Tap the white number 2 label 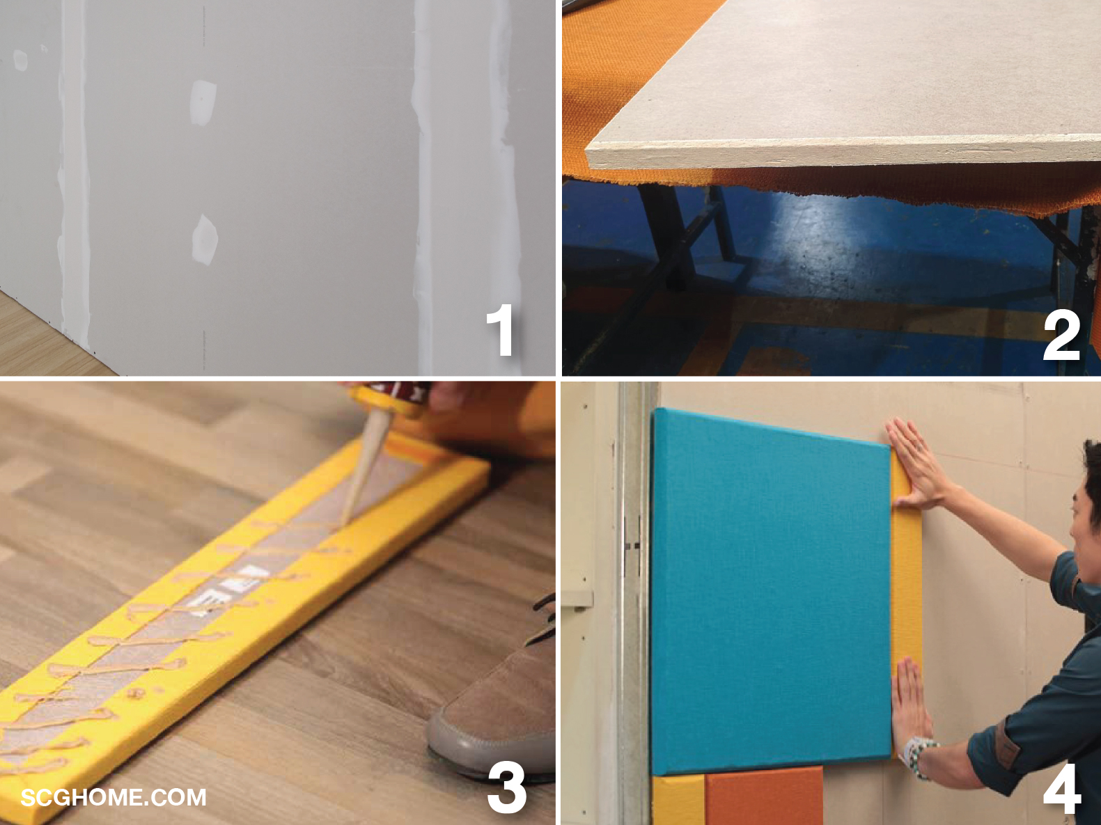(x=1061, y=333)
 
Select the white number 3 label (x=506, y=788)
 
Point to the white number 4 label (x=1061, y=788)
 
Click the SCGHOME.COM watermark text (x=114, y=798)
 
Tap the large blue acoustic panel (x=771, y=592)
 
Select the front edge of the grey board (x=843, y=155)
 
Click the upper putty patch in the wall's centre (x=203, y=102)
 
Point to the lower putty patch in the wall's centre (x=205, y=239)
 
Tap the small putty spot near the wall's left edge (x=20, y=60)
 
